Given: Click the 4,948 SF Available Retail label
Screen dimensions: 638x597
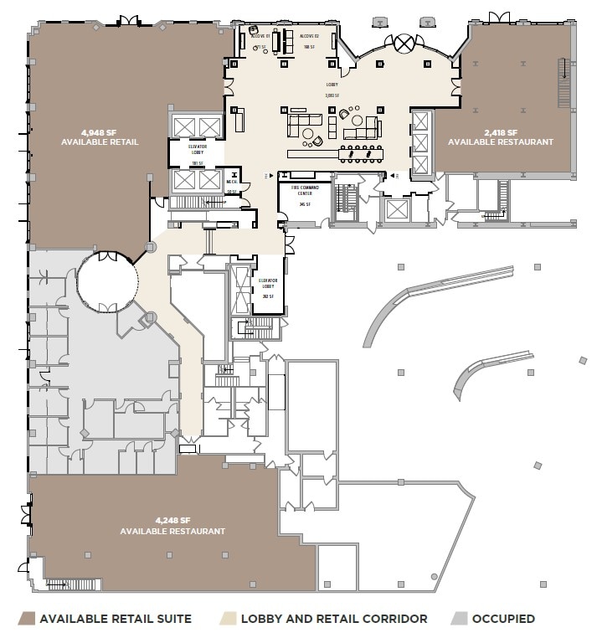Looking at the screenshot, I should coord(99,137).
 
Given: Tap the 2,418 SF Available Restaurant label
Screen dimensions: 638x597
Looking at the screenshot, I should coord(501,137).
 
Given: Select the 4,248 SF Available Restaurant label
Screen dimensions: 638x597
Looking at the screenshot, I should coord(172,526).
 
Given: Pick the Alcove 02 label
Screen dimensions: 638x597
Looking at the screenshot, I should coord(307,38).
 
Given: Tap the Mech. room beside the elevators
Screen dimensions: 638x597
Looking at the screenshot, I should coord(232,184).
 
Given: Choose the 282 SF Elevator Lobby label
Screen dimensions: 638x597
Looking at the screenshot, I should coord(268,289).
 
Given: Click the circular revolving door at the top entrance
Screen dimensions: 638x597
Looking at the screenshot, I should coord(406,42).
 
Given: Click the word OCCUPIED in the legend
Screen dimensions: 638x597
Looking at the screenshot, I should coord(503,619).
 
